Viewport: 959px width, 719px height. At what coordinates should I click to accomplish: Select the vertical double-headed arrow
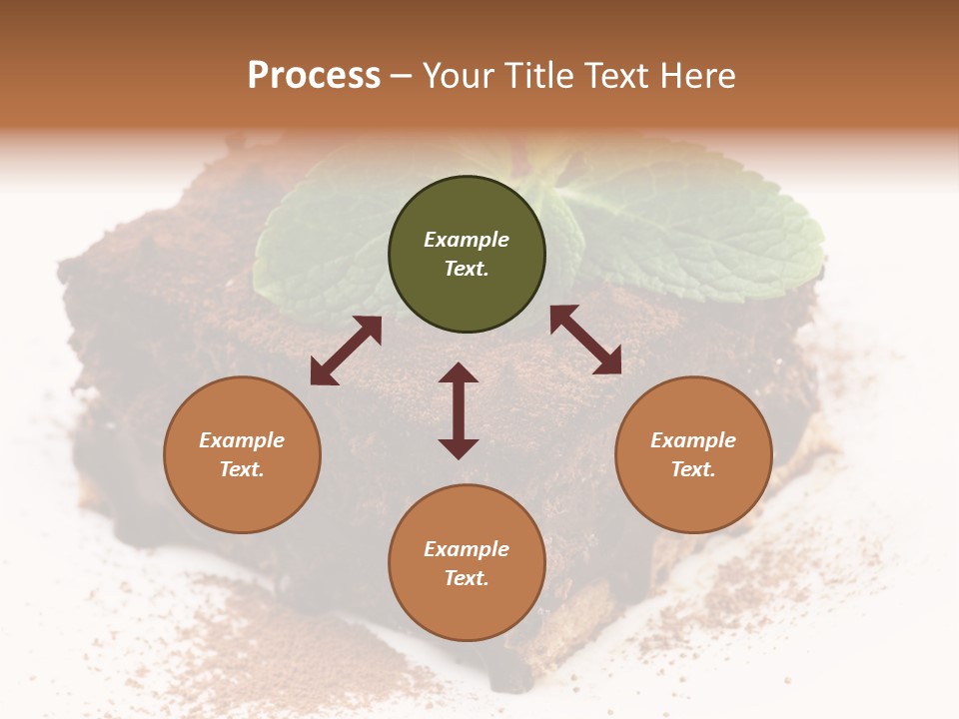click(459, 410)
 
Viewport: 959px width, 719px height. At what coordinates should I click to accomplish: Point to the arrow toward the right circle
click(585, 340)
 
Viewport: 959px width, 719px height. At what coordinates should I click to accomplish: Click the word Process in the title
click(314, 75)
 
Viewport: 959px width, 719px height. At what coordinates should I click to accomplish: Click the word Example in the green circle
click(467, 240)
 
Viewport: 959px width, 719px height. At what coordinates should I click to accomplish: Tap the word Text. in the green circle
click(467, 269)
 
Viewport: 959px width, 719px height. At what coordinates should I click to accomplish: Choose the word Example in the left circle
click(242, 440)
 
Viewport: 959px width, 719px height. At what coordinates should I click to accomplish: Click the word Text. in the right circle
click(693, 469)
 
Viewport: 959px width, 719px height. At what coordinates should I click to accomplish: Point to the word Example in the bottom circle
click(467, 549)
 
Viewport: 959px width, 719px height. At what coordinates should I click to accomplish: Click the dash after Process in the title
click(401, 76)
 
